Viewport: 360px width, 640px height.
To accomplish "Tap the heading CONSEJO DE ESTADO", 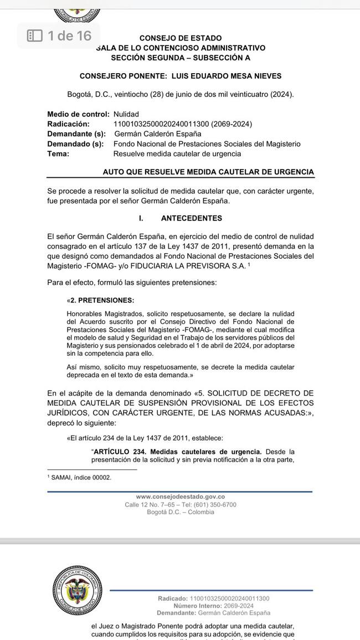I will pos(181,38).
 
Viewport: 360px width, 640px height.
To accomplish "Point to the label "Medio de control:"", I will pos(78,114).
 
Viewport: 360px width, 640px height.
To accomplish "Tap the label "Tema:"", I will pos(58,154).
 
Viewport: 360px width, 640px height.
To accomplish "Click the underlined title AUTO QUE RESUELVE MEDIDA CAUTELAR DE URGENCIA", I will pos(208,172).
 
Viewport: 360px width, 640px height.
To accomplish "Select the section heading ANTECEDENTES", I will pos(191,218).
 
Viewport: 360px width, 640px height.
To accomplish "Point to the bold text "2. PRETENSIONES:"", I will pos(102,300).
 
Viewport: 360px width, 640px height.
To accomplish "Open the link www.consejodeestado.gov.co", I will pos(180,497).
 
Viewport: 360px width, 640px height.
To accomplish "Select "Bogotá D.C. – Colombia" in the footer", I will pos(180,513).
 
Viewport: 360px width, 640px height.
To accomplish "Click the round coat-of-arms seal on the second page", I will pos(77,590).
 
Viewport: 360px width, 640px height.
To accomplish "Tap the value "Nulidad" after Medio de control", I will pos(126,114).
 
